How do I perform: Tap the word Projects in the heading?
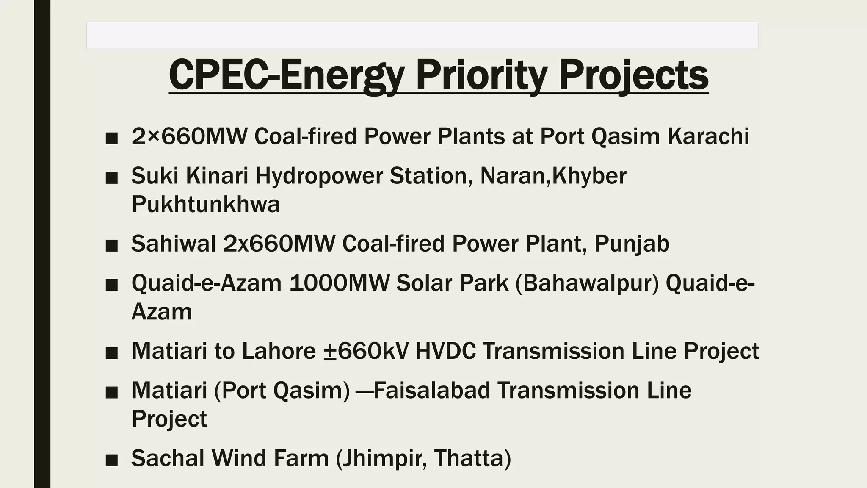click(633, 75)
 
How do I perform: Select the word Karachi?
click(708, 136)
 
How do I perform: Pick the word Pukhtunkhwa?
click(206, 204)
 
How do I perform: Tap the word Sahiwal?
click(174, 244)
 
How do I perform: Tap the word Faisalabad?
click(432, 390)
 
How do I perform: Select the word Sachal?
click(168, 458)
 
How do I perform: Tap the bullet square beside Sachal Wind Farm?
click(111, 460)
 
